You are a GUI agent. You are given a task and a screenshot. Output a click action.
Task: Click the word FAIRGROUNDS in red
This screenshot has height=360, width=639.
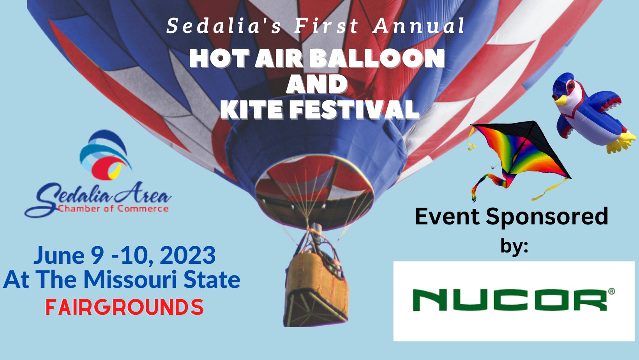[125, 307]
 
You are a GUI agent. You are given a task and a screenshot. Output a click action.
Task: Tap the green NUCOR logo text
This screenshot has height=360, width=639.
[510, 300]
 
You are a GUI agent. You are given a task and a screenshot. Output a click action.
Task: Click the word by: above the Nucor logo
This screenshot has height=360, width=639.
[514, 246]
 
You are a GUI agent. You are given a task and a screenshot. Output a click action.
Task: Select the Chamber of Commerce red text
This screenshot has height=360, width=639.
[113, 208]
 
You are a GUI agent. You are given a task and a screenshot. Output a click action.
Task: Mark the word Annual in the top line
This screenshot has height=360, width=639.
[418, 26]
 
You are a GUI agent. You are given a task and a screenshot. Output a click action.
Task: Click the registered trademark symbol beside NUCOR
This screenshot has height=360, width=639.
[611, 291]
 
